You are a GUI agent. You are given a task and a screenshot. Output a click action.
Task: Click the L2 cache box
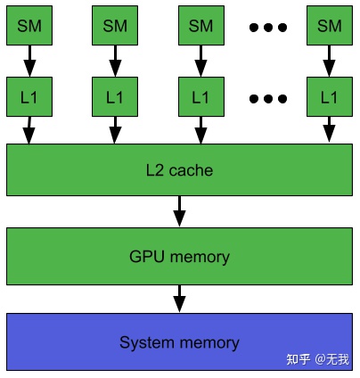[x=179, y=169]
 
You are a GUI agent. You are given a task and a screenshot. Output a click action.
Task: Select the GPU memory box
[x=179, y=256]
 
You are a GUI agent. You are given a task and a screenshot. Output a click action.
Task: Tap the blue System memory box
[x=179, y=341]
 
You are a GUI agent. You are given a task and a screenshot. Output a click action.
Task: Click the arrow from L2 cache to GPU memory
[x=179, y=211]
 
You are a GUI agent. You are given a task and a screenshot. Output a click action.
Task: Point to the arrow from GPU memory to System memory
[x=179, y=299]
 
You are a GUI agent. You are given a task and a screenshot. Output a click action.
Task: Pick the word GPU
[x=147, y=256]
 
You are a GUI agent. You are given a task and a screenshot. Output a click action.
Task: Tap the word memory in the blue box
[x=209, y=343]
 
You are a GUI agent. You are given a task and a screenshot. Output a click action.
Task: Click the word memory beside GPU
[x=200, y=257]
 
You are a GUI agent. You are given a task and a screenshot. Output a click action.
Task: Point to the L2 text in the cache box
[x=155, y=170]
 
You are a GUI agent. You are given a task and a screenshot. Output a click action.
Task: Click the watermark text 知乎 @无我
[x=317, y=359]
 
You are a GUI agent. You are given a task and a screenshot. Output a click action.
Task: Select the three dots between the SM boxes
[x=268, y=28]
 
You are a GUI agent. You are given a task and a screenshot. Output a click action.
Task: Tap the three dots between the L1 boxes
[x=268, y=98]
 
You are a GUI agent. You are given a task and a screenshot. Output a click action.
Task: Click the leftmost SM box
[x=29, y=26]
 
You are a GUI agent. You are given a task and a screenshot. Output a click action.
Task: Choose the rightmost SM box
[x=330, y=26]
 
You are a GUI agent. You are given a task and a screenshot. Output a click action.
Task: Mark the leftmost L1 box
[x=29, y=97]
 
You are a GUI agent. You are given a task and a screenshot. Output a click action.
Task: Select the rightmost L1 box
[x=330, y=97]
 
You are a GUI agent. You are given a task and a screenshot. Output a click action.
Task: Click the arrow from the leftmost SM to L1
[x=29, y=61]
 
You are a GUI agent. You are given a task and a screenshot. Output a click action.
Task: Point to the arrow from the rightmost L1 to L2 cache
[x=329, y=129]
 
